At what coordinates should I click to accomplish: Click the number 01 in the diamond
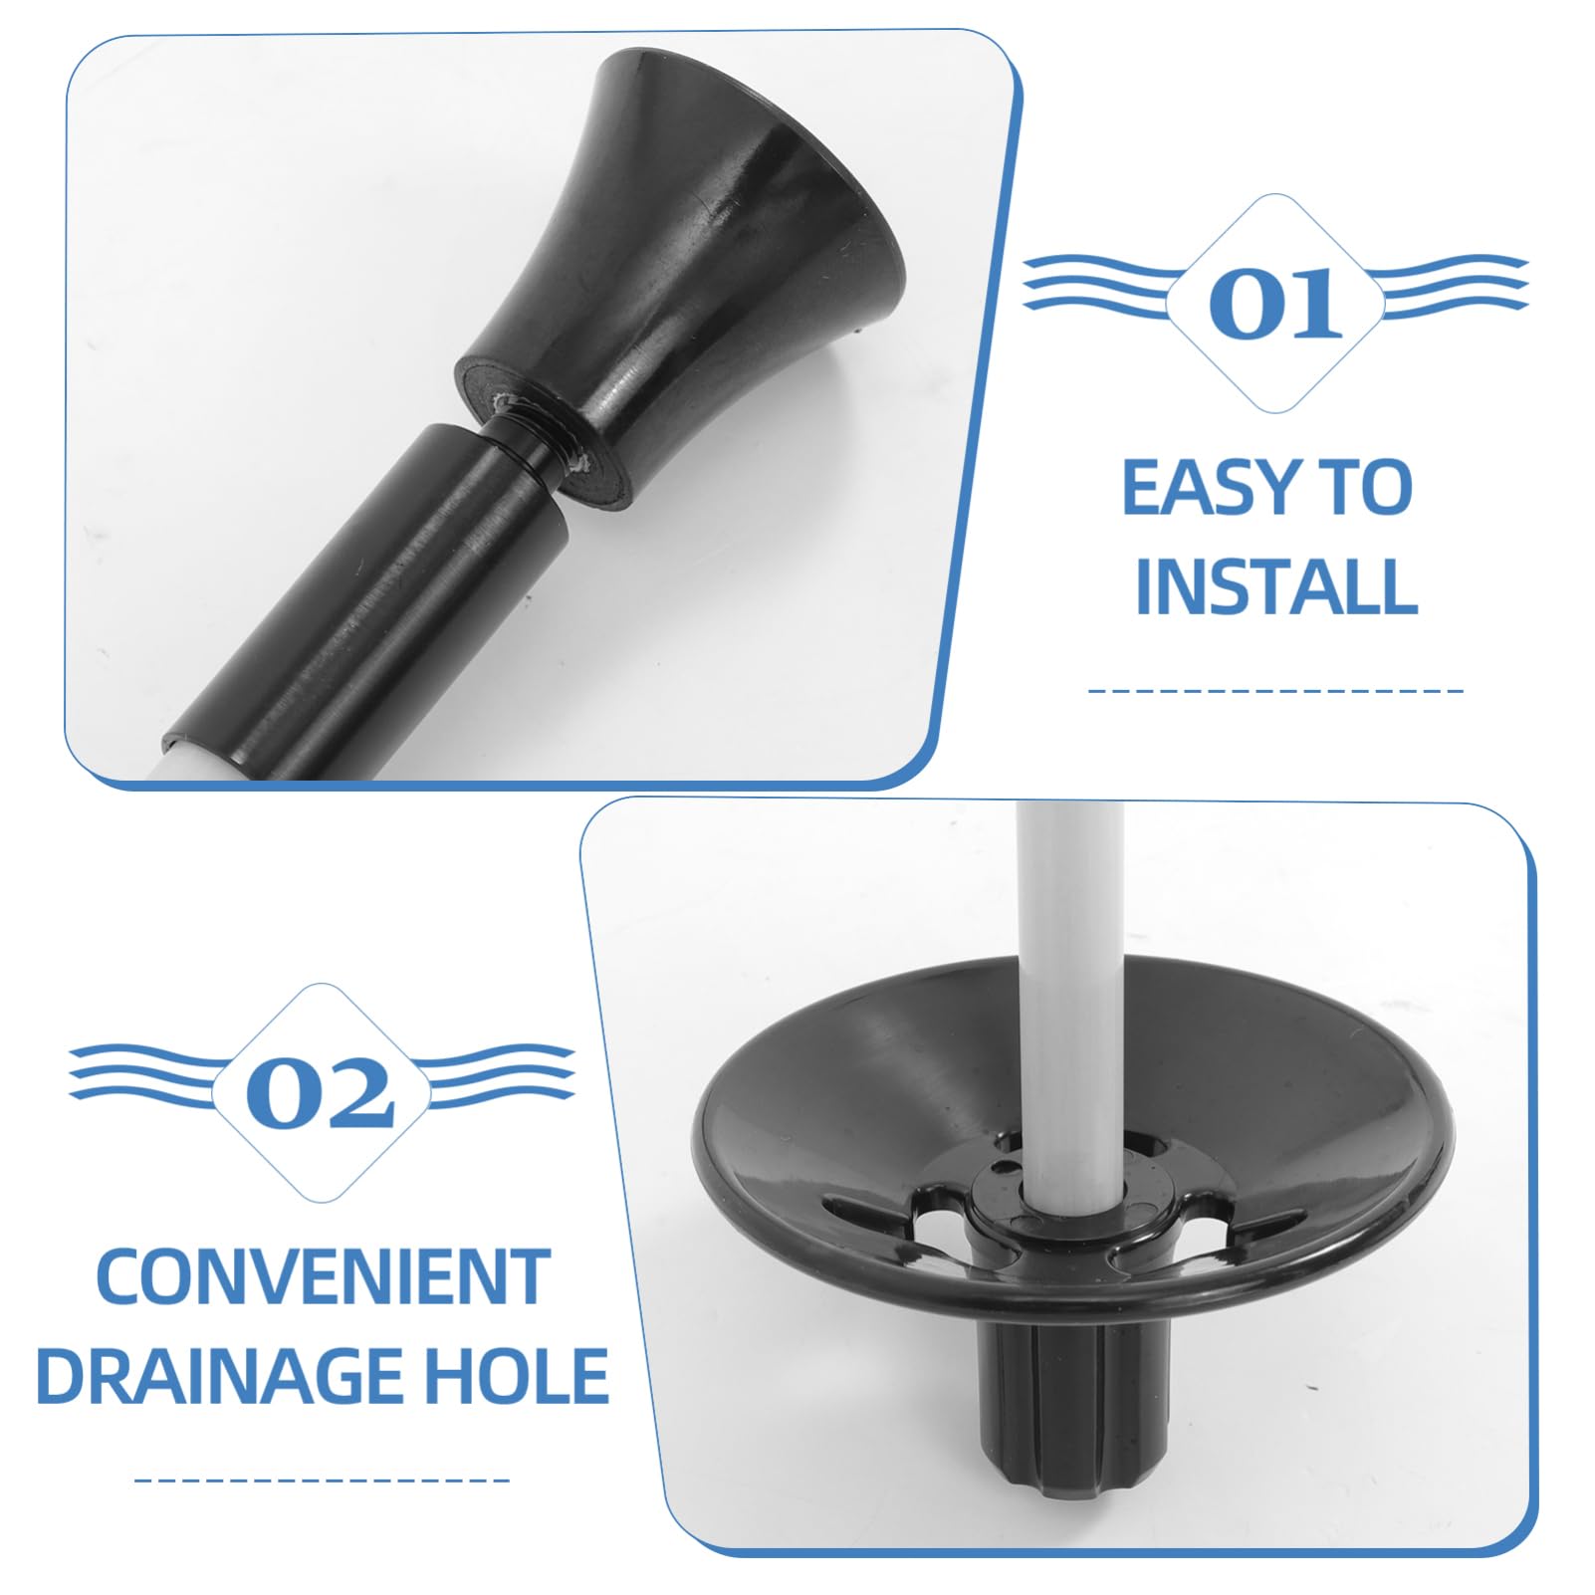click(x=1274, y=303)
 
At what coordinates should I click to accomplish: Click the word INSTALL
click(x=1275, y=587)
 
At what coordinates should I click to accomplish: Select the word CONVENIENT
click(x=323, y=1277)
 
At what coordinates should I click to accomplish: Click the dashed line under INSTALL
click(x=1275, y=689)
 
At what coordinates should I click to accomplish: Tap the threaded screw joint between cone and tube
click(x=543, y=438)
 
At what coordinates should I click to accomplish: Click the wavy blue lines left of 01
click(x=1095, y=284)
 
